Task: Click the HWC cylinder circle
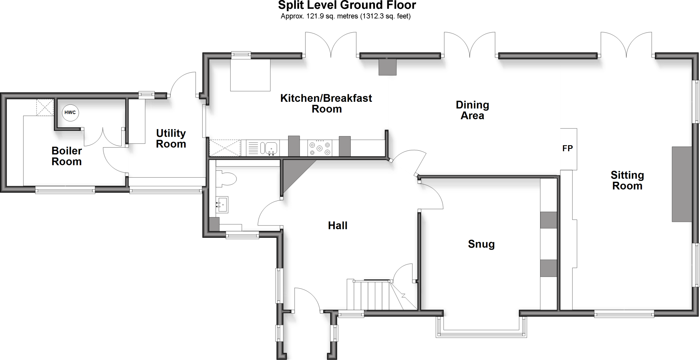(70, 113)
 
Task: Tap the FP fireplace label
(567, 148)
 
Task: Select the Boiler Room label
(67, 156)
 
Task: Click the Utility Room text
(171, 138)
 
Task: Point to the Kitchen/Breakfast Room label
(326, 103)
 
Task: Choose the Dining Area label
(472, 110)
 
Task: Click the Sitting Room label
(627, 180)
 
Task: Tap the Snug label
(481, 244)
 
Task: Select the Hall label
(338, 225)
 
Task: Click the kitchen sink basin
(270, 148)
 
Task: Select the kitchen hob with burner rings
(320, 148)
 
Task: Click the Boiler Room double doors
(103, 137)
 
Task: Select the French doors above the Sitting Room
(627, 46)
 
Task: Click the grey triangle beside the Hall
(292, 174)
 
